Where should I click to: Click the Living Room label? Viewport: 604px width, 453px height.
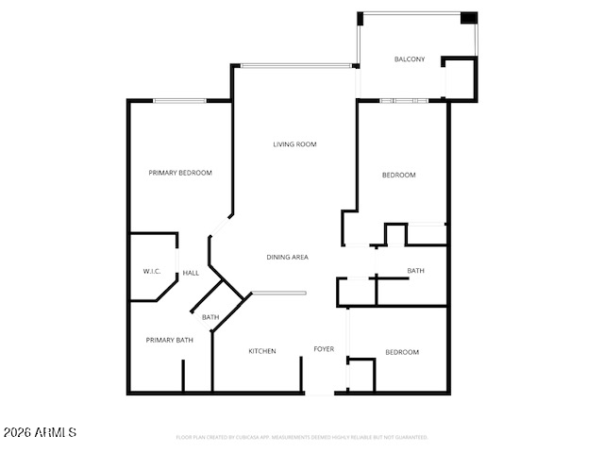tap(294, 144)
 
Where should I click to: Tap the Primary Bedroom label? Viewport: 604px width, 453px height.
tap(180, 173)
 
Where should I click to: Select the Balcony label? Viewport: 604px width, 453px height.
tap(409, 59)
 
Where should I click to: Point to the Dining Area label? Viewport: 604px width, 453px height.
tap(288, 257)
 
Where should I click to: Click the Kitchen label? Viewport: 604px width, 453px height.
tap(262, 351)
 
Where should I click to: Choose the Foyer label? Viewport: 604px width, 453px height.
tap(324, 349)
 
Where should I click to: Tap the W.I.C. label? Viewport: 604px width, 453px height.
tap(152, 272)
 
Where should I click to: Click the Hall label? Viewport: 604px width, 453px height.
tap(191, 273)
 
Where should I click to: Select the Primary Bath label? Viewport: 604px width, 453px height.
tap(169, 340)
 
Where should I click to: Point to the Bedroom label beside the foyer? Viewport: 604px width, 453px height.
tap(402, 352)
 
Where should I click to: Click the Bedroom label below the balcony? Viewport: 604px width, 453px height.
tap(398, 175)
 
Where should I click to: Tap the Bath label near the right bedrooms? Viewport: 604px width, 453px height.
tap(415, 271)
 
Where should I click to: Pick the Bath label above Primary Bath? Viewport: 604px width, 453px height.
tap(210, 317)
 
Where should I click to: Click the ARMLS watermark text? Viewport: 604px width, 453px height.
tap(40, 432)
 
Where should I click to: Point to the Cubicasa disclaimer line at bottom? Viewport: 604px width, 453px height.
tap(302, 437)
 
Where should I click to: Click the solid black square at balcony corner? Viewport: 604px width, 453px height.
tap(468, 18)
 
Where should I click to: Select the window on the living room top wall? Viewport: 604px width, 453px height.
tap(296, 65)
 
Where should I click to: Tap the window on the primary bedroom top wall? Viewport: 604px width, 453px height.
tap(180, 100)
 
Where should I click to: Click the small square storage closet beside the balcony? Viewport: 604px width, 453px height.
tap(461, 78)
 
